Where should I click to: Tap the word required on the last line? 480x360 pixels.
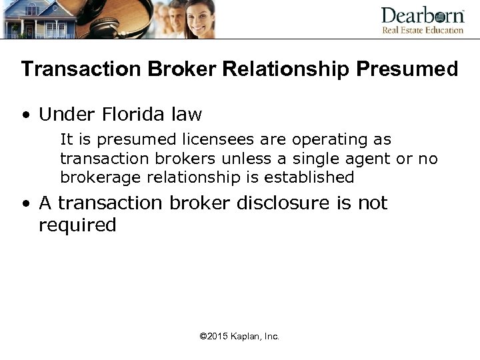coord(77,225)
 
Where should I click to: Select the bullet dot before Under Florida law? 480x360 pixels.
coord(25,115)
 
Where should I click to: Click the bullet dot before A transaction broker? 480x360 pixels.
coord(25,203)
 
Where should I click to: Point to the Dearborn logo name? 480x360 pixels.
coord(422,15)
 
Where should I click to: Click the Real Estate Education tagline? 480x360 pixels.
coord(422,30)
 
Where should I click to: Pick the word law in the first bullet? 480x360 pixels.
coord(186,115)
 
